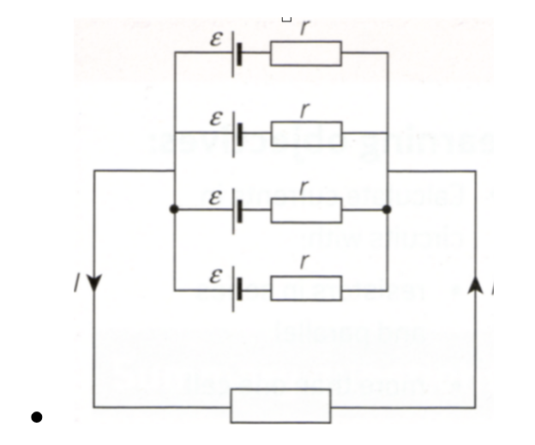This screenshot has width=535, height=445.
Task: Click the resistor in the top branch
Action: tap(306, 53)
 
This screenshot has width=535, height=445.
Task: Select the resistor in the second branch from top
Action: tap(306, 134)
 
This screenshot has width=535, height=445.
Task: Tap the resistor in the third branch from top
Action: tap(306, 210)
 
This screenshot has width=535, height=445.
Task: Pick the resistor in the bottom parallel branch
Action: tap(306, 288)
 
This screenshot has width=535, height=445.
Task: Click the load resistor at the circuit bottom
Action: tap(280, 405)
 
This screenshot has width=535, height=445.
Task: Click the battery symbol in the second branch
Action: tap(237, 134)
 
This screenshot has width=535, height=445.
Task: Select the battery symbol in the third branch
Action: tap(237, 210)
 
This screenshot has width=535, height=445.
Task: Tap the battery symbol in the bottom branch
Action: tap(237, 288)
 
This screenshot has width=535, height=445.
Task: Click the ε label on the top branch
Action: tap(217, 40)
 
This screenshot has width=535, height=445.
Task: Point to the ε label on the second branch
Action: tap(217, 119)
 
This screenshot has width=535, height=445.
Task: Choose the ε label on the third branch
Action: tap(217, 197)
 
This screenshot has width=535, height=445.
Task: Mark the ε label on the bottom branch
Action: tap(217, 276)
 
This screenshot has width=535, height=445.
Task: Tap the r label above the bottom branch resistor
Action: tap(305, 264)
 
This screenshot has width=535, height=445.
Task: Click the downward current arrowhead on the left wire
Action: tap(93, 284)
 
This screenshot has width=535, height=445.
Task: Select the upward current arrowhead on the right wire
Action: tap(475, 284)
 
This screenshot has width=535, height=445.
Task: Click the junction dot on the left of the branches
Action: tap(174, 210)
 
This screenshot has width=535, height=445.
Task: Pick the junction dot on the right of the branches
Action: tap(387, 210)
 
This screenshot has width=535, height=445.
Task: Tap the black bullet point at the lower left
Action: tap(36, 418)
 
